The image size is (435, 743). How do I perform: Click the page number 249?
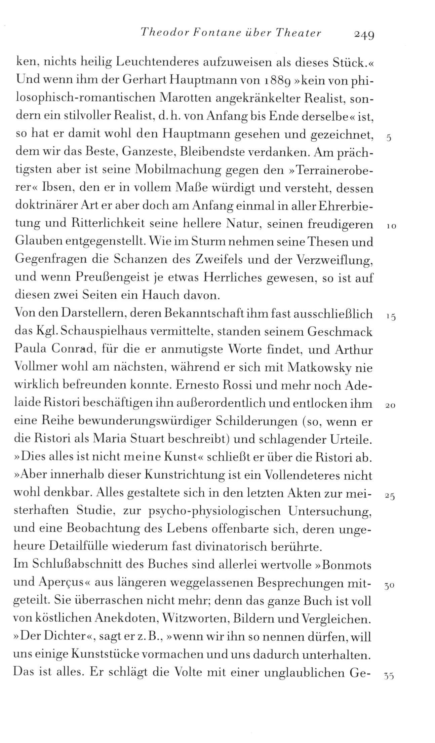(362, 34)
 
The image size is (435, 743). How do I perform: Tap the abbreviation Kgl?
(48, 332)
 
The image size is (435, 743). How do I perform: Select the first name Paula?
(31, 349)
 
